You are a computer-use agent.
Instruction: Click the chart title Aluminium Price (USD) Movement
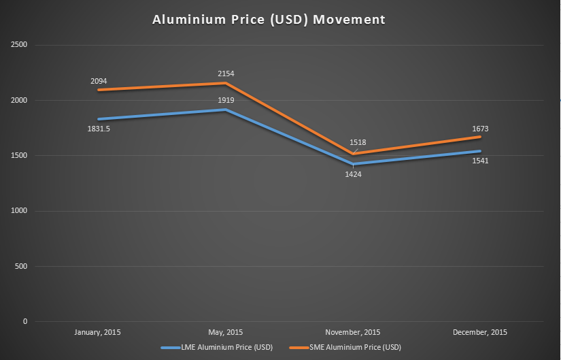point(269,20)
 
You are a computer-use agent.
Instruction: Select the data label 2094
point(99,82)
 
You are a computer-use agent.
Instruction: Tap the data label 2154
point(226,73)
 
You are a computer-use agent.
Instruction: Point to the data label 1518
point(358,142)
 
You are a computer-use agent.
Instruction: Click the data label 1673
point(481,129)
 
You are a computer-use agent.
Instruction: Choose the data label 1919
point(226,100)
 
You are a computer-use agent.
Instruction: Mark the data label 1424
point(353,174)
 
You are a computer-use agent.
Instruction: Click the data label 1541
point(481,161)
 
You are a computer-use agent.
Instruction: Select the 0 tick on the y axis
point(24,321)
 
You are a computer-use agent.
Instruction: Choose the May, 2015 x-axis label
point(226,332)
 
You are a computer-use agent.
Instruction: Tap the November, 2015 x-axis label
point(353,332)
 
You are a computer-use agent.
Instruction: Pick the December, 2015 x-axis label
point(481,332)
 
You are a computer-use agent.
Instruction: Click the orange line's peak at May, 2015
point(226,83)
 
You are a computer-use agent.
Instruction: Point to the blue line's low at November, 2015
point(353,164)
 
